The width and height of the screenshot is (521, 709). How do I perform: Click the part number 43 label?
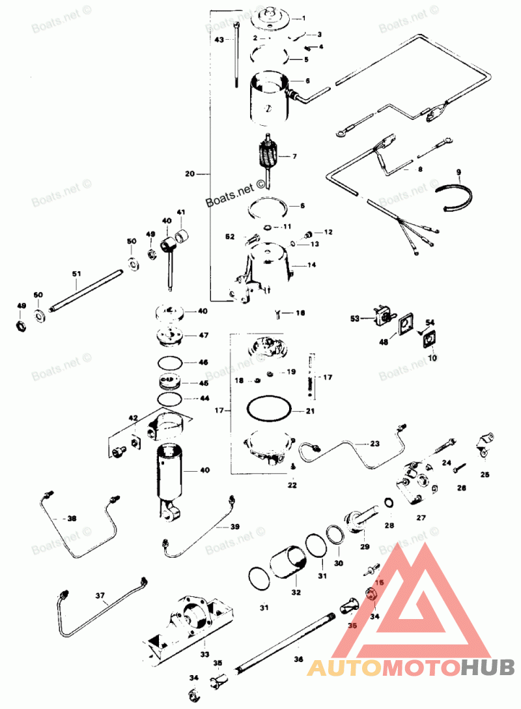(x=219, y=40)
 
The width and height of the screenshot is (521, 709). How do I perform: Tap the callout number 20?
(x=190, y=174)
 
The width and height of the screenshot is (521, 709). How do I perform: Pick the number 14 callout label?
(x=311, y=265)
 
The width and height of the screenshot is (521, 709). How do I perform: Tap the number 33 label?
(x=204, y=654)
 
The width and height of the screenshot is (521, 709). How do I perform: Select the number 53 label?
(x=356, y=319)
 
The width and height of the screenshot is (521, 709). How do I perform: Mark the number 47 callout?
(x=203, y=336)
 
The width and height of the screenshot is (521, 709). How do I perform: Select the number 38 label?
(x=72, y=519)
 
